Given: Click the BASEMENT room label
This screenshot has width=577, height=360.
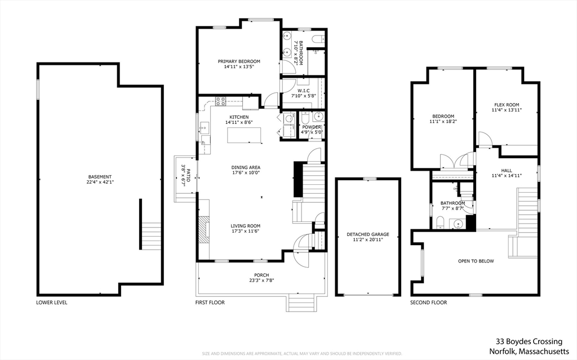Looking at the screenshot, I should (x=99, y=176).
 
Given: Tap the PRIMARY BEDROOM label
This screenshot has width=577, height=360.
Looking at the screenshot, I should (x=239, y=61).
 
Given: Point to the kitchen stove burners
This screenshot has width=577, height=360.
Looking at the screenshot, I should (x=220, y=102).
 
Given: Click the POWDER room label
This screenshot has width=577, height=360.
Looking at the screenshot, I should (x=312, y=127).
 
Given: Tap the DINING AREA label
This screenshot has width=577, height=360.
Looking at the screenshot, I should (x=246, y=167).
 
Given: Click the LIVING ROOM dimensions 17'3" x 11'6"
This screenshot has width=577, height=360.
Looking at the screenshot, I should (x=246, y=232).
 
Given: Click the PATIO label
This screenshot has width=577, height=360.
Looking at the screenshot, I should (x=189, y=174).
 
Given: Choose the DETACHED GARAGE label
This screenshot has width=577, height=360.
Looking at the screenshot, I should (x=368, y=234).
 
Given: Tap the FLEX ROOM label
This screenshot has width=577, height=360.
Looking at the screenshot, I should (x=507, y=104).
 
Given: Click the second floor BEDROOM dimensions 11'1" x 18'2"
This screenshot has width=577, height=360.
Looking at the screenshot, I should (x=442, y=122).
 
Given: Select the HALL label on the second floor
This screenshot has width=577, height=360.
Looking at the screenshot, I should (x=507, y=170).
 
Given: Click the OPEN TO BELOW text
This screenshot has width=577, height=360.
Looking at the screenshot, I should (x=476, y=261).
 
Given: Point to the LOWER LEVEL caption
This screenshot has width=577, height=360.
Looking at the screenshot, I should (x=52, y=303).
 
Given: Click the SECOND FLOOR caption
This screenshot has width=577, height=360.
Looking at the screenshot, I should (x=429, y=303).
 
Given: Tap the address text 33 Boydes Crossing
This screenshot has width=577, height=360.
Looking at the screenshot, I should (x=529, y=341).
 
